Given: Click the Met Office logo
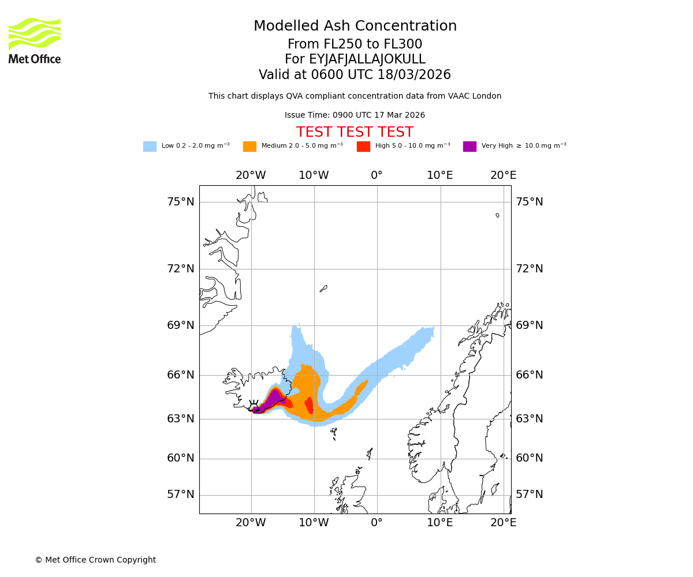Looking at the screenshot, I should tap(35, 40).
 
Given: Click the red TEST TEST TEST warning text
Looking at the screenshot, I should tap(355, 132).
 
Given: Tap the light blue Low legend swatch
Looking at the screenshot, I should tap(150, 147).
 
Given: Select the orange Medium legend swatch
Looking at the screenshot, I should tap(249, 147).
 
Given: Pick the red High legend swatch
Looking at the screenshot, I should tap(363, 147).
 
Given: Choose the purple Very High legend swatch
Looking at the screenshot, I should tap(470, 147).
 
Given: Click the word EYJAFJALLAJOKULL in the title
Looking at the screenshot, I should tap(367, 59).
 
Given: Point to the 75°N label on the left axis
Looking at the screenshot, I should tap(181, 202).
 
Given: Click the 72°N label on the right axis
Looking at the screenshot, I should tap(530, 269).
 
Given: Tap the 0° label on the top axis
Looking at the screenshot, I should tap(377, 175).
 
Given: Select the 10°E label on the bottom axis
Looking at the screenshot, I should tap(440, 523).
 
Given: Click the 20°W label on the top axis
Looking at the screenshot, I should tap(251, 175).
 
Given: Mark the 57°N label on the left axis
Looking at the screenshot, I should tap(181, 494).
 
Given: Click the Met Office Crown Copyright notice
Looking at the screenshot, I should tap(95, 560).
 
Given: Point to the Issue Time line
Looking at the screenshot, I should tap(355, 115).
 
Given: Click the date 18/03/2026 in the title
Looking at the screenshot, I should tap(414, 75).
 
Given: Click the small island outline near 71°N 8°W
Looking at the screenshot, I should tap(323, 288).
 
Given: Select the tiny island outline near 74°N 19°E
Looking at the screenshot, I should tap(497, 215).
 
